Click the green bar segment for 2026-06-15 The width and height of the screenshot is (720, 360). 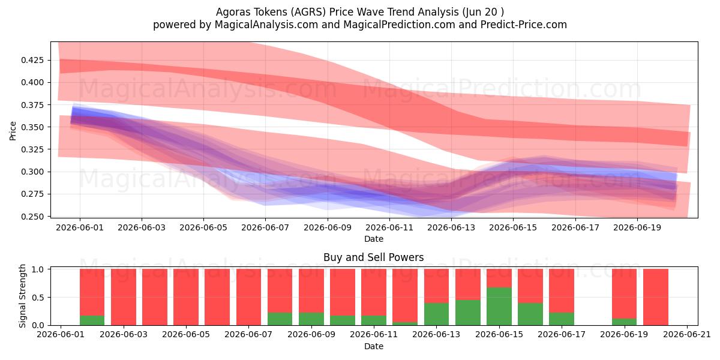[499, 307]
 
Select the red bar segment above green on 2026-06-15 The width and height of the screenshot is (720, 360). [499, 278]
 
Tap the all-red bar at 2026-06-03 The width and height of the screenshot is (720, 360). [124, 297]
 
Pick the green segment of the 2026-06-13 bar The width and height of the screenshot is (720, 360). [437, 314]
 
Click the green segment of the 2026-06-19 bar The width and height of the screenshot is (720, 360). [624, 322]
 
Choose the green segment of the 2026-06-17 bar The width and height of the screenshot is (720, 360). [562, 319]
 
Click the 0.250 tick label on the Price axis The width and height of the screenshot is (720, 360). [32, 217]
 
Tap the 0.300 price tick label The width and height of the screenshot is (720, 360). [32, 172]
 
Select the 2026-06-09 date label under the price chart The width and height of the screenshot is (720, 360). [328, 228]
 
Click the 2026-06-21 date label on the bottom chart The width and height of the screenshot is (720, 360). [687, 335]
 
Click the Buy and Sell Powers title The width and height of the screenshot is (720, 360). [373, 257]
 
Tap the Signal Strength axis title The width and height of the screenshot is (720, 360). [22, 296]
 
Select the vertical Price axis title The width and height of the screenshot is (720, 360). [13, 131]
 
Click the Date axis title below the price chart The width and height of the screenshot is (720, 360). [373, 239]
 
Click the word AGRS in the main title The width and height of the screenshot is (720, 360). [308, 12]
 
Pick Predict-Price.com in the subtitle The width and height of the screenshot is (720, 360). [524, 25]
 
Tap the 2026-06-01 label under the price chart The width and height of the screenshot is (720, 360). [80, 228]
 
